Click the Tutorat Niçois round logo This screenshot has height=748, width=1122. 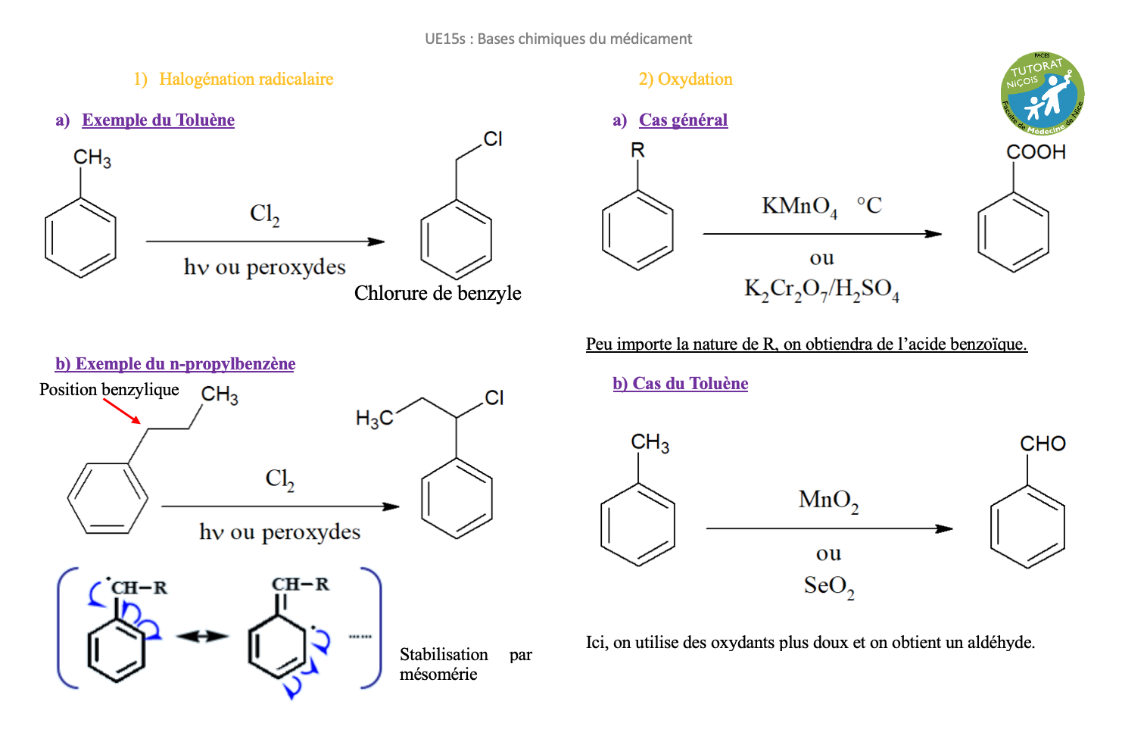[1043, 93]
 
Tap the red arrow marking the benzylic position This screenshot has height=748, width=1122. [122, 410]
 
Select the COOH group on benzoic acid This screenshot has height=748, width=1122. [1036, 152]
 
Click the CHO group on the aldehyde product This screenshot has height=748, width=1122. [1043, 444]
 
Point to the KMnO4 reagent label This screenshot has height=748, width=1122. [799, 206]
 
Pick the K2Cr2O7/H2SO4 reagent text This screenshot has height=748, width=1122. [821, 289]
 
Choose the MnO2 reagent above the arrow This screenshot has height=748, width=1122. [828, 500]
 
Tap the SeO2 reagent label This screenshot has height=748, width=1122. [829, 586]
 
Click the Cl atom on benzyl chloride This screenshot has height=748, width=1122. [493, 139]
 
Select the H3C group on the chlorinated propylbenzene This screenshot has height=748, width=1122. [375, 418]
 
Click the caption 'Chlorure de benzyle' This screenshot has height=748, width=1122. [438, 293]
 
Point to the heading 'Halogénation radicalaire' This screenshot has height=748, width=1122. [246, 79]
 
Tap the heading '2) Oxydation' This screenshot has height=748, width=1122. [685, 79]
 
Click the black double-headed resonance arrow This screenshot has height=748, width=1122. [202, 637]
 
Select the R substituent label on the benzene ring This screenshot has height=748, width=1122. [637, 151]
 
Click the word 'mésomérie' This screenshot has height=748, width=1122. [438, 675]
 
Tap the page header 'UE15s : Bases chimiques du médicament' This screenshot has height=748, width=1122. [558, 39]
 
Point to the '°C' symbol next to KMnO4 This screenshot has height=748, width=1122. [869, 205]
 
